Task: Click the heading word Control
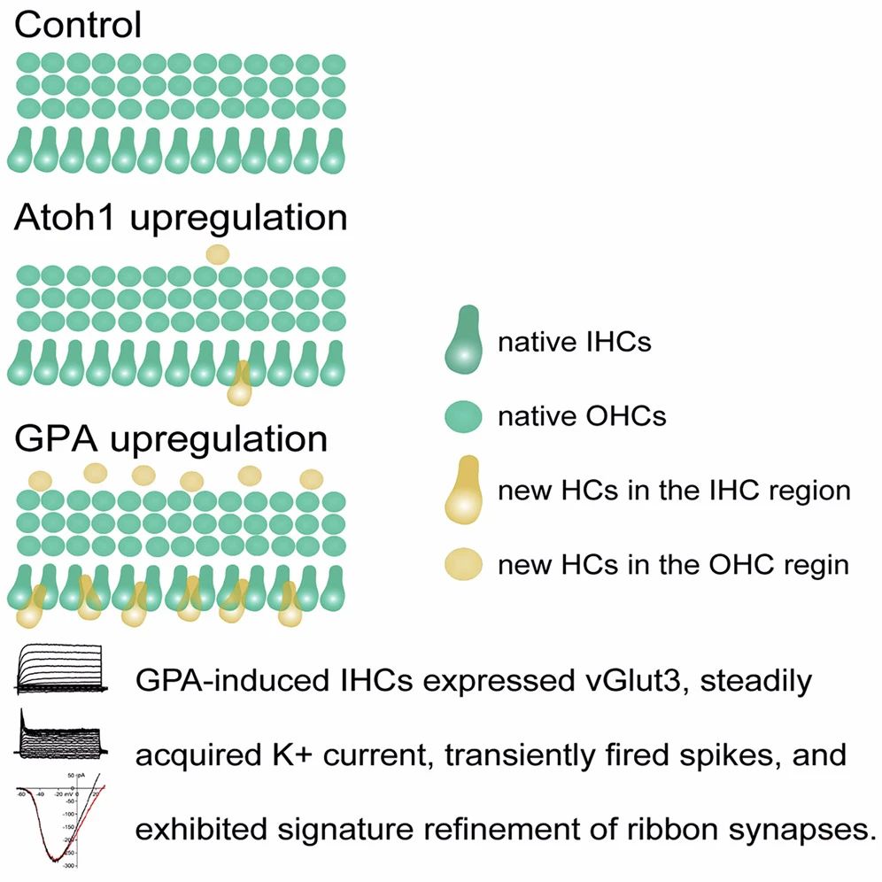pos(78,25)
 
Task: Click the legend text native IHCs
pos(574,342)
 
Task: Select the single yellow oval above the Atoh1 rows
pos(217,254)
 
